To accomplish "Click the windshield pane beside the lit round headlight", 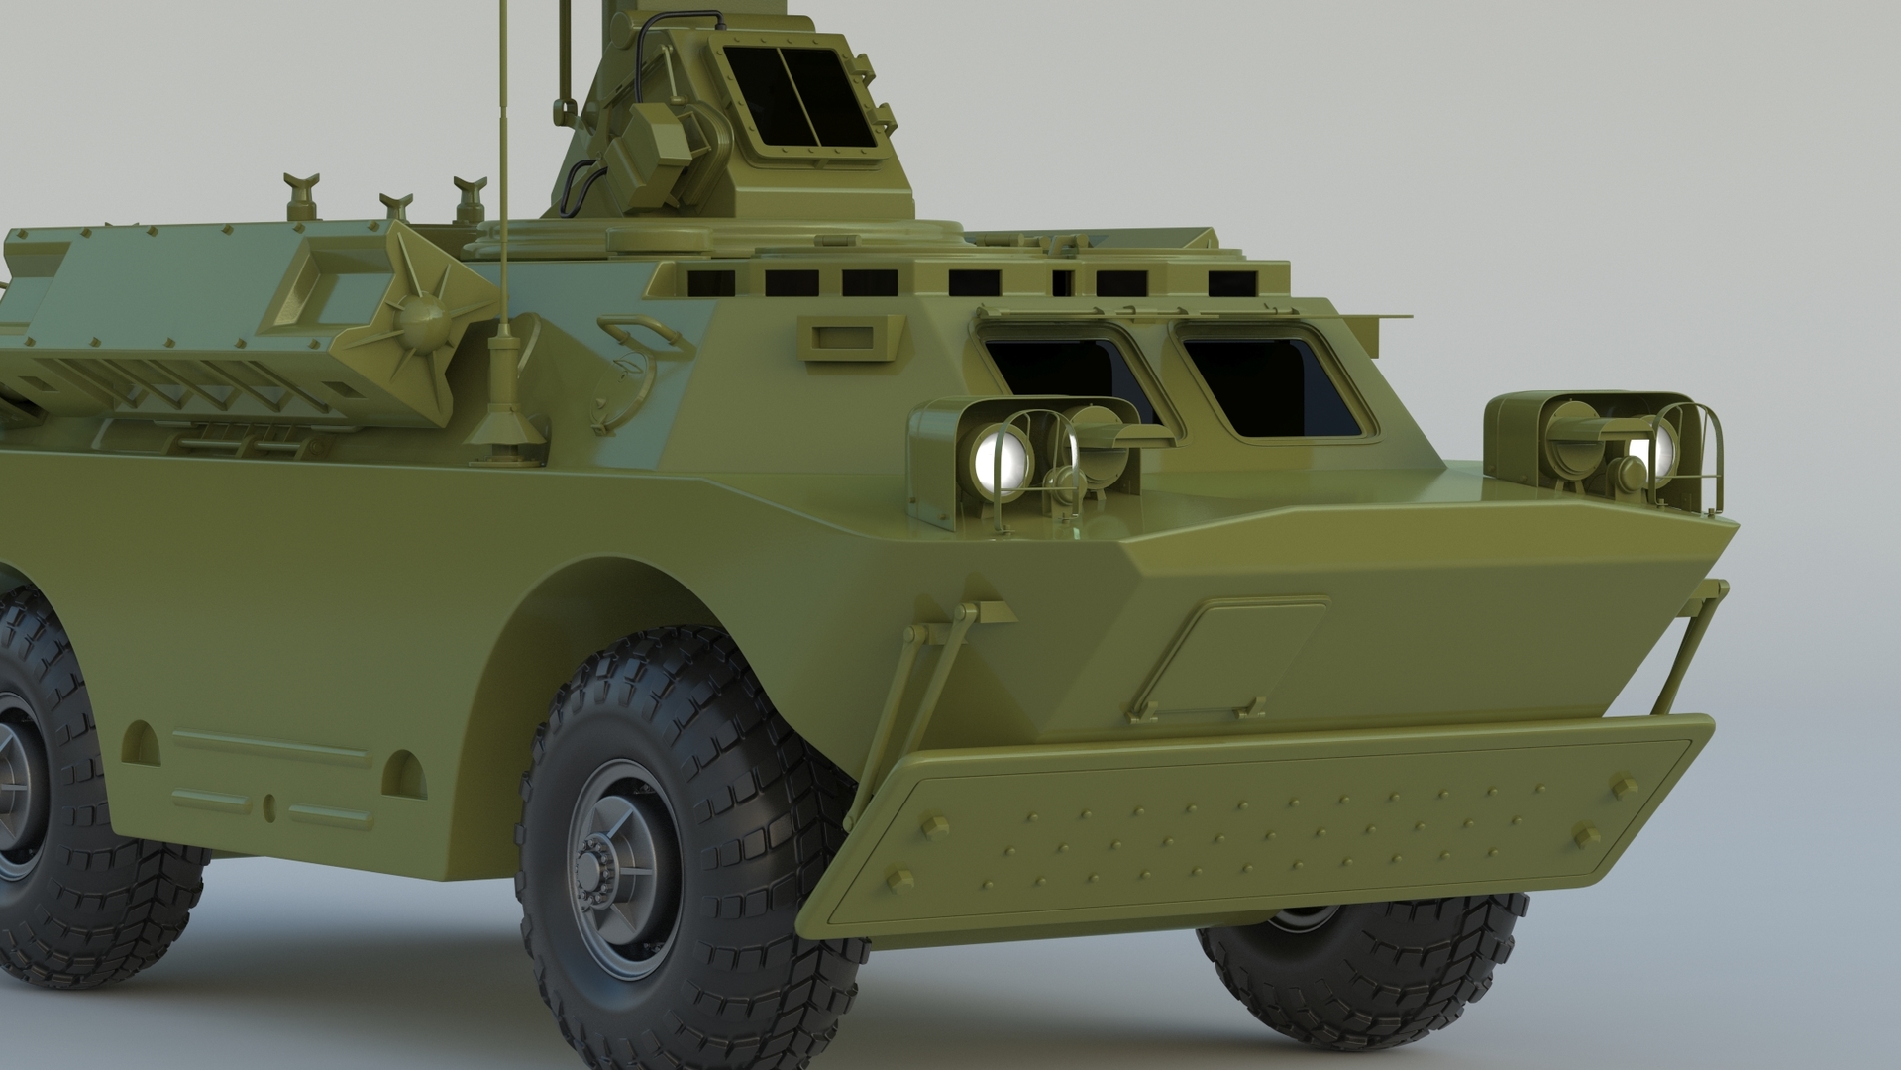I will (x=1070, y=376).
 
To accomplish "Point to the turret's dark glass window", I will (x=799, y=96).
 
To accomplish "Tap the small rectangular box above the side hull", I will (x=850, y=337).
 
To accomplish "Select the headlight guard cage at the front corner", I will (x=1694, y=456).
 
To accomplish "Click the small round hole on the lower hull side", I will (x=270, y=805).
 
